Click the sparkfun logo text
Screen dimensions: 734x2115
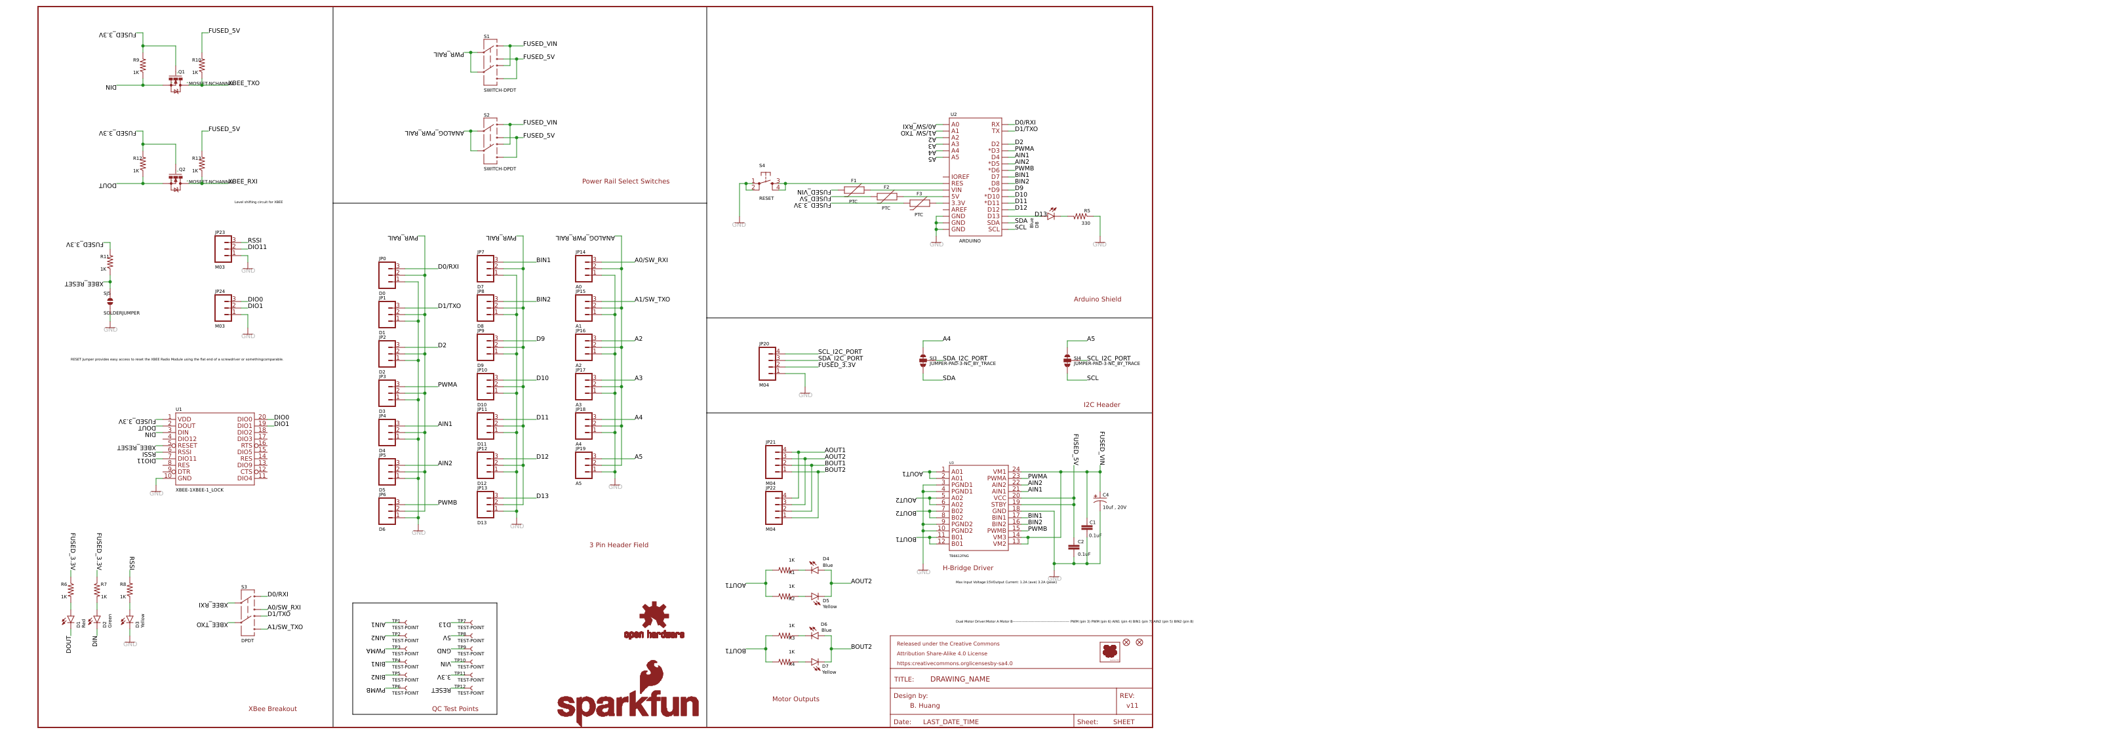627,704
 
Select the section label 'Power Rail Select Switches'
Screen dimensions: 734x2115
625,182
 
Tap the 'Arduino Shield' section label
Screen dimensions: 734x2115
1096,299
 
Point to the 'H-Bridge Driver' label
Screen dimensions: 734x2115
967,568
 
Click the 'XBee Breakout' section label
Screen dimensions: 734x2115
273,708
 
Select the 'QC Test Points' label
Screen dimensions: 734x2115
455,708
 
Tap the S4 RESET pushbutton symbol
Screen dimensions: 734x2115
765,182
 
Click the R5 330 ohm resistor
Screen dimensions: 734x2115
1080,217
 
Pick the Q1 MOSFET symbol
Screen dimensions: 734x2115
176,83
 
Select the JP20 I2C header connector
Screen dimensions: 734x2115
767,363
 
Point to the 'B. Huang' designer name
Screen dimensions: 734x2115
924,705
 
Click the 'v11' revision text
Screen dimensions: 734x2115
1132,705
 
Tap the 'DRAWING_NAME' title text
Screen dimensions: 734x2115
959,679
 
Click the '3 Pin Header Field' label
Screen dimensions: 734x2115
618,545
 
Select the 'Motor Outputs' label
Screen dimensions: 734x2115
795,699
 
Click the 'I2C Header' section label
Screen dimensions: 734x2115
1100,405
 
